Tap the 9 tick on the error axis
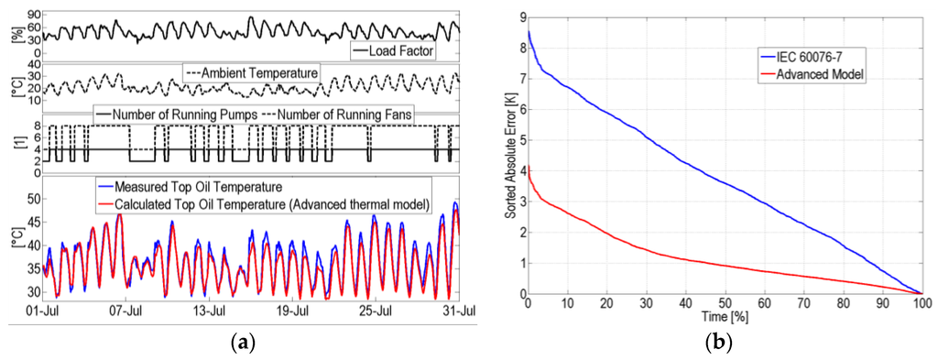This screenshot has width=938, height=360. pos(519,16)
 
